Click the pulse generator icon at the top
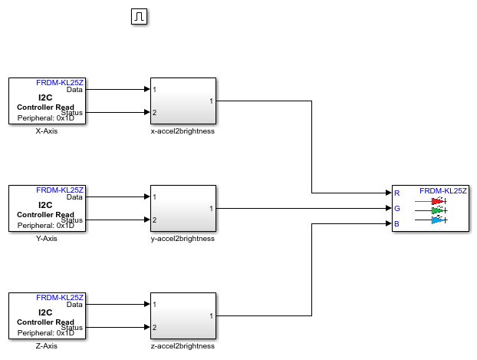click(139, 17)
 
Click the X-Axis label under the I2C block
click(47, 130)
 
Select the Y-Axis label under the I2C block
click(47, 238)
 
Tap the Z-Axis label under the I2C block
click(47, 345)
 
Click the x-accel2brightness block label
click(183, 130)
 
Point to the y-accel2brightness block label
click(183, 238)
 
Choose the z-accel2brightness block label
click(183, 345)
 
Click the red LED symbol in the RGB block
click(438, 201)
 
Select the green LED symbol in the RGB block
click(438, 210)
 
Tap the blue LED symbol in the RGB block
click(438, 220)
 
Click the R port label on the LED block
click(396, 193)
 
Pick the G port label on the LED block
click(396, 208)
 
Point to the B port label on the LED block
click(396, 223)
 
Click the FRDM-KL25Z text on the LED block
click(443, 190)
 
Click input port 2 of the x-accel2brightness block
click(155, 113)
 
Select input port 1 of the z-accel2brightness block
click(155, 304)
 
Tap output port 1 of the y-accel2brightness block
click(211, 208)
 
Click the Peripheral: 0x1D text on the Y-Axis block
click(46, 226)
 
